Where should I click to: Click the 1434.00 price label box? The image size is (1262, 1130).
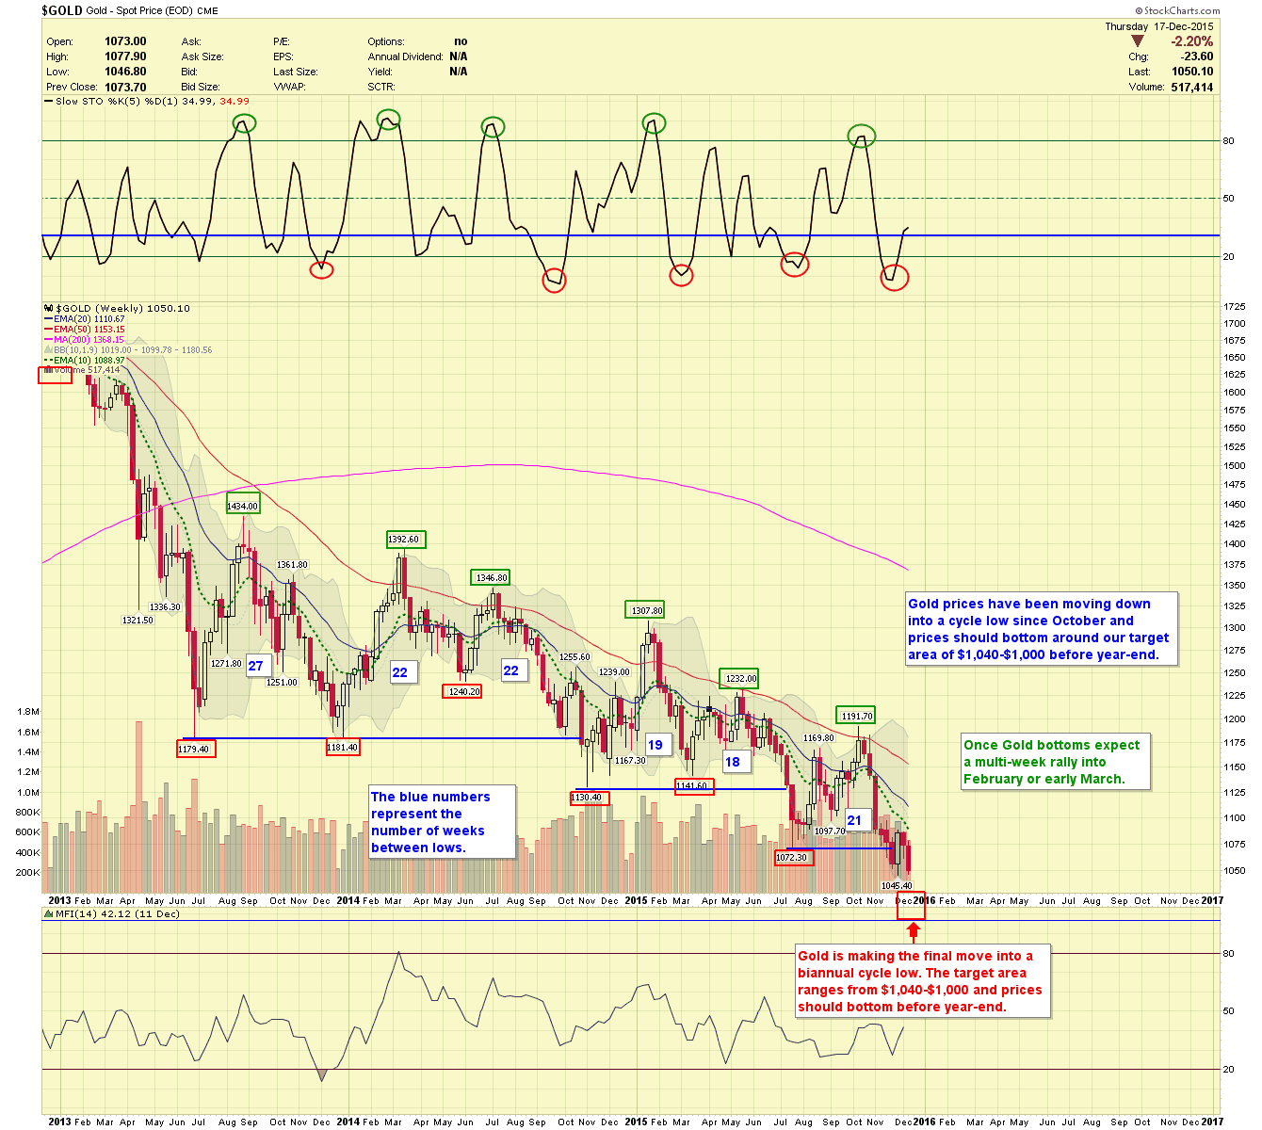pos(242,506)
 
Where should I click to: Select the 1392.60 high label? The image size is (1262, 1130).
pos(405,540)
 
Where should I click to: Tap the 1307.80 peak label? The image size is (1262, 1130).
pos(646,610)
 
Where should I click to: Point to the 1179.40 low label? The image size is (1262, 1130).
pos(196,749)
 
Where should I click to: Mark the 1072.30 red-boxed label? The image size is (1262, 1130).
pos(793,857)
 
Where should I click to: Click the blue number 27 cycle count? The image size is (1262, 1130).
pos(255,666)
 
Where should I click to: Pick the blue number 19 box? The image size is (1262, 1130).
pos(655,745)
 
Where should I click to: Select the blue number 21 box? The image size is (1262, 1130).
pos(854,820)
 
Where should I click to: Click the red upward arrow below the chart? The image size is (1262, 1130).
pos(912,931)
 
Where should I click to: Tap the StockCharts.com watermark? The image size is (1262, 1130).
pos(1181,11)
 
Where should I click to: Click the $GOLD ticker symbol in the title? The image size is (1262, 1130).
pos(62,10)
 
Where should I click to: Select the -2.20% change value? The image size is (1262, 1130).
pos(1191,41)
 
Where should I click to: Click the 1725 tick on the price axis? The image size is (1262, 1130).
pos(1235,307)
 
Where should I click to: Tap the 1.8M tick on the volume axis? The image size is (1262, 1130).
pos(28,712)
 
